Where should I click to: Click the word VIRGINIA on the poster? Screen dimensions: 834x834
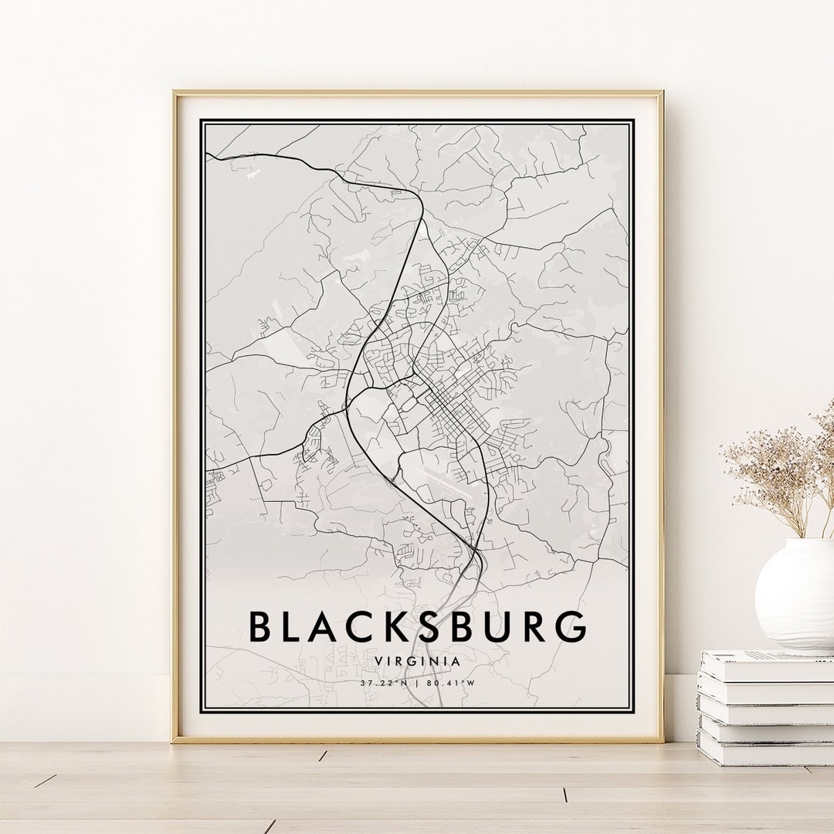tap(417, 661)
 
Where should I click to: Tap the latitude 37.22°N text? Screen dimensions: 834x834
tap(384, 683)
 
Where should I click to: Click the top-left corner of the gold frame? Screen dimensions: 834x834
tap(175, 93)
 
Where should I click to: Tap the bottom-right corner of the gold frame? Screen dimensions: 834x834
tap(661, 741)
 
